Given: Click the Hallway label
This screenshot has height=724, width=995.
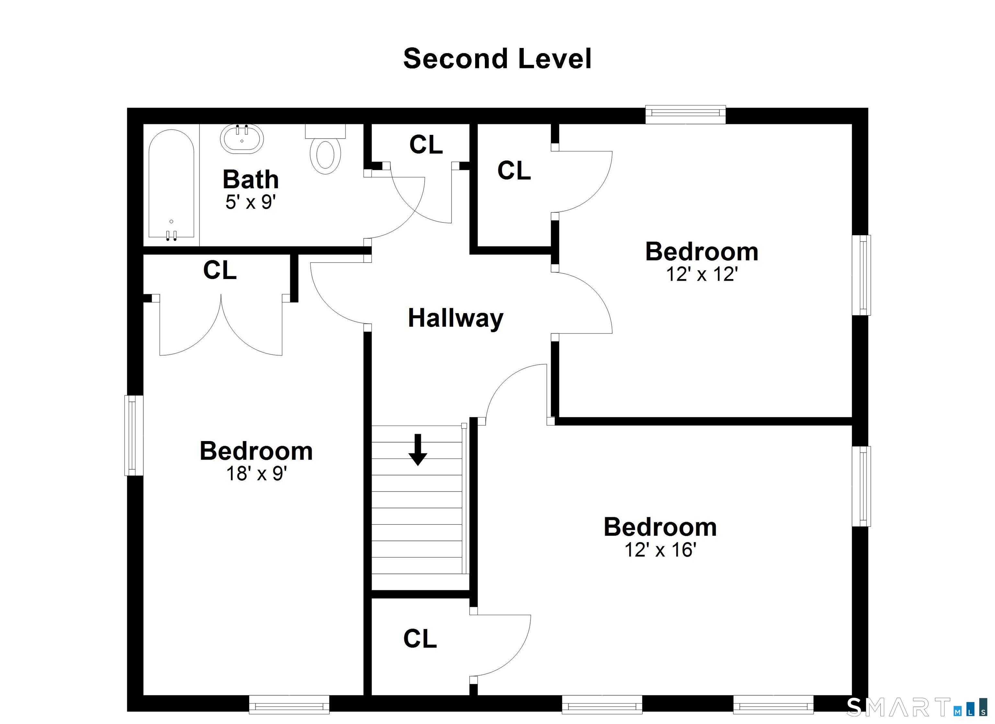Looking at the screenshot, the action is point(455,318).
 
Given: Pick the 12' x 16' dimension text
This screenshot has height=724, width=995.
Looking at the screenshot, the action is point(660,550).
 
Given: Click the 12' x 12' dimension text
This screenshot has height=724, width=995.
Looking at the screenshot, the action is point(702,274).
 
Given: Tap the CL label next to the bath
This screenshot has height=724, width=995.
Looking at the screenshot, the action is point(426,145).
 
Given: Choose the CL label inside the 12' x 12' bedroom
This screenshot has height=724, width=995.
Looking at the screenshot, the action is point(514,170).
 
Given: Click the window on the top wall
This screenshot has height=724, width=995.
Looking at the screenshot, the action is point(685,114).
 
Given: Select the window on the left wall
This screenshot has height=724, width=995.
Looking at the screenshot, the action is point(134,436).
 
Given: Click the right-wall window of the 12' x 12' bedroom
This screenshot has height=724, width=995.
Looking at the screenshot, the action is point(861,275).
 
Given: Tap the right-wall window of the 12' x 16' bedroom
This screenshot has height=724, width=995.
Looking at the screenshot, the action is point(861,486).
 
